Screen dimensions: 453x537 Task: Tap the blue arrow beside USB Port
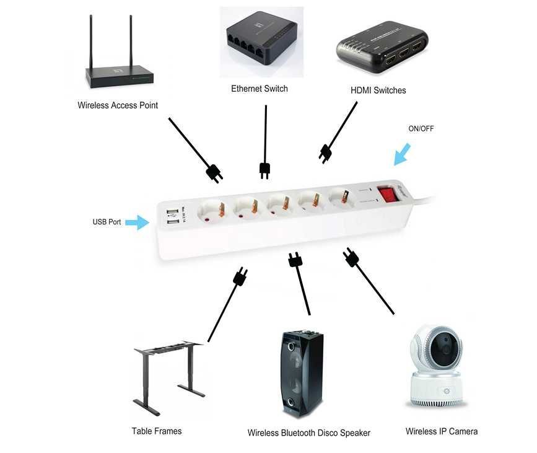[x=137, y=222]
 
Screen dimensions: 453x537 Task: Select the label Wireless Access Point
[x=118, y=105]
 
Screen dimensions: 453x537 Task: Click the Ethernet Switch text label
[x=260, y=89]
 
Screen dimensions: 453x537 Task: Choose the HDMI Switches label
[x=378, y=90]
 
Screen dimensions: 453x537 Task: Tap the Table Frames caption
[x=157, y=431]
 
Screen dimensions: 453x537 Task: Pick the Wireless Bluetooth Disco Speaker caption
[x=308, y=433]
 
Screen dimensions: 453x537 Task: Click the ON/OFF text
[x=421, y=129]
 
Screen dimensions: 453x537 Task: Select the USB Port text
[x=107, y=222]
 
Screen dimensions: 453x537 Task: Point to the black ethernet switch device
[x=261, y=43]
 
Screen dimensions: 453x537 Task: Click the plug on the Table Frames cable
[x=240, y=276]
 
